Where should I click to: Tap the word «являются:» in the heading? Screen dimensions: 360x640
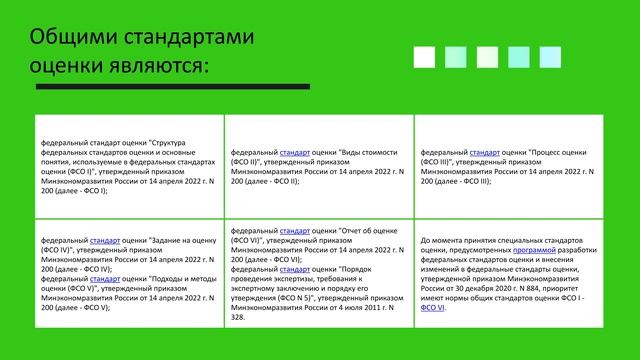click(161, 65)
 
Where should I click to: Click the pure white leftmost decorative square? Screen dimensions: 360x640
click(424, 56)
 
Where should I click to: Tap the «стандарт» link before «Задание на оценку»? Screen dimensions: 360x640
click(105, 240)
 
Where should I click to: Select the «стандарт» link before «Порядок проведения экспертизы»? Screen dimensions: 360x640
click(295, 269)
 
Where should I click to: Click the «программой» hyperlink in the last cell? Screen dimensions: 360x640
click(539, 250)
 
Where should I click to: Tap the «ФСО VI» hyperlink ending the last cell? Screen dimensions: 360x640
click(434, 308)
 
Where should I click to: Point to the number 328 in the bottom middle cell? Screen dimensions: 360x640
click(237, 317)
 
